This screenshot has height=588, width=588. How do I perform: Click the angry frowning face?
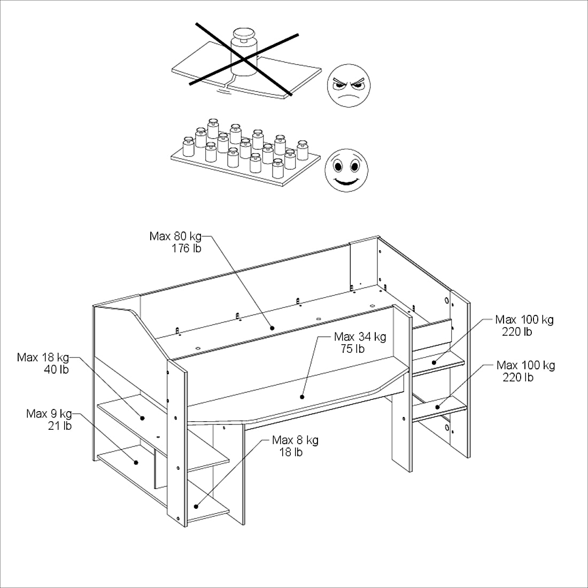pyautogui.click(x=349, y=85)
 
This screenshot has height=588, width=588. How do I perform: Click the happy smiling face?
pyautogui.click(x=346, y=171)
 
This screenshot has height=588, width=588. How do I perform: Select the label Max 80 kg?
pyautogui.click(x=175, y=236)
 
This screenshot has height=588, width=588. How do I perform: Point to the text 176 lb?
pyautogui.click(x=187, y=248)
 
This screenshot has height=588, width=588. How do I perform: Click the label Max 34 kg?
pyautogui.click(x=360, y=337)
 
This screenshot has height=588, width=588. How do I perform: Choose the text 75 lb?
pyautogui.click(x=352, y=349)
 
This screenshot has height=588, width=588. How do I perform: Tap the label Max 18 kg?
pyautogui.click(x=43, y=358)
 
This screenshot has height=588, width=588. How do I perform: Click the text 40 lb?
pyautogui.click(x=57, y=369)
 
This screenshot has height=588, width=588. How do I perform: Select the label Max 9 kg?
pyautogui.click(x=49, y=414)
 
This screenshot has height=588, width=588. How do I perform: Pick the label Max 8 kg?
pyautogui.click(x=296, y=440)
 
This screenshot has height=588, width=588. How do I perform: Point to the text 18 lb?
pyautogui.click(x=291, y=452)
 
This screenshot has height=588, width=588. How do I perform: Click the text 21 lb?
pyautogui.click(x=60, y=426)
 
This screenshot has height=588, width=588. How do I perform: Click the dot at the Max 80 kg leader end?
pyautogui.click(x=272, y=328)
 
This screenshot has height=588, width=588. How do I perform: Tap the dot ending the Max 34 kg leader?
pyautogui.click(x=302, y=397)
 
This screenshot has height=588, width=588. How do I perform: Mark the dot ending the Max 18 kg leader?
pyautogui.click(x=143, y=418)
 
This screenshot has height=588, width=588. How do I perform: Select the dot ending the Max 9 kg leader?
pyautogui.click(x=136, y=462)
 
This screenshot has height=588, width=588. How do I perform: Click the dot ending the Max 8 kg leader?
pyautogui.click(x=196, y=506)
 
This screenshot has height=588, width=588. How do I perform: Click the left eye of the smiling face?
pyautogui.click(x=338, y=165)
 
